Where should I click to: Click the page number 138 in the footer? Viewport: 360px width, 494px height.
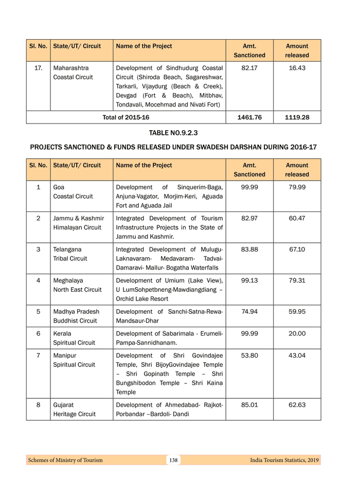pyautogui.click(x=173, y=460)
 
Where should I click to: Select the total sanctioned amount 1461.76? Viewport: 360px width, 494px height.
pyautogui.click(x=249, y=117)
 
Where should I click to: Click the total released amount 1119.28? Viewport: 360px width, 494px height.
pyautogui.click(x=297, y=117)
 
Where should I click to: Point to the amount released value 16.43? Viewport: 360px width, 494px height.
pyautogui.click(x=297, y=68)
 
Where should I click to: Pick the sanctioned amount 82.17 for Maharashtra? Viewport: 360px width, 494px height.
pyautogui.click(x=249, y=68)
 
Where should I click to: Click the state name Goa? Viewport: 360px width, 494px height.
pyautogui.click(x=59, y=187)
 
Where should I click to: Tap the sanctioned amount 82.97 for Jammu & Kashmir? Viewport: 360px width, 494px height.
pyautogui.click(x=249, y=218)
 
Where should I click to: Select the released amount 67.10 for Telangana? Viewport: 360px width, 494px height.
pyautogui.click(x=297, y=249)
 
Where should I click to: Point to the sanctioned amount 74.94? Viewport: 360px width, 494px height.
pyautogui.click(x=249, y=311)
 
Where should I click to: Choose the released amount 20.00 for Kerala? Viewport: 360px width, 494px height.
pyautogui.click(x=297, y=333)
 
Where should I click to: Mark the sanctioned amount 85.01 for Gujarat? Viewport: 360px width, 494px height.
pyautogui.click(x=249, y=405)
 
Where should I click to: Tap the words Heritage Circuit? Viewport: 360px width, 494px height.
pyautogui.click(x=74, y=414)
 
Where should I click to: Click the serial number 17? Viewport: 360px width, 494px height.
pyautogui.click(x=38, y=68)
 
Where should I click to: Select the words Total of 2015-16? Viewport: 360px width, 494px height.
pyautogui.click(x=126, y=117)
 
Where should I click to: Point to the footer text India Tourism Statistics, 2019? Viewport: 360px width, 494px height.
pyautogui.click(x=281, y=460)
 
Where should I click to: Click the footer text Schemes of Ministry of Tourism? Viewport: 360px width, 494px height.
pyautogui.click(x=65, y=460)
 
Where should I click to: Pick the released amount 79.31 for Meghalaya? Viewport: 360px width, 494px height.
pyautogui.click(x=297, y=280)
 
